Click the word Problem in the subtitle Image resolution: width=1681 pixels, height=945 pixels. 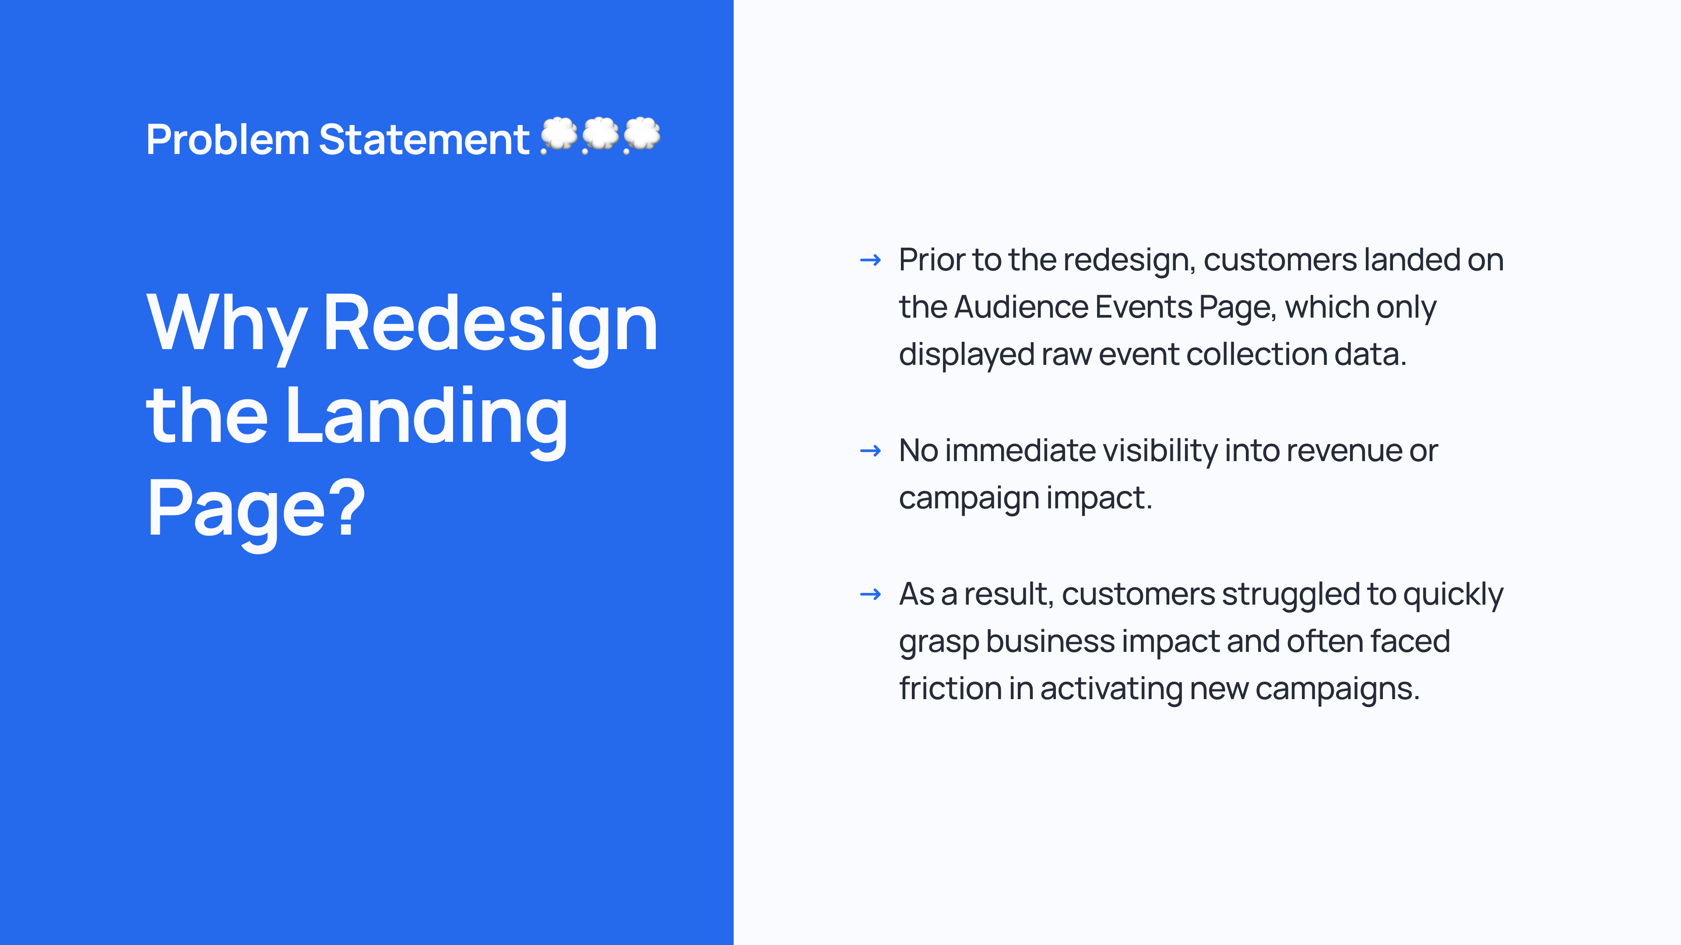pyautogui.click(x=228, y=140)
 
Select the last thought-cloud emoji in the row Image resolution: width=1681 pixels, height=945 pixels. pyautogui.click(x=642, y=136)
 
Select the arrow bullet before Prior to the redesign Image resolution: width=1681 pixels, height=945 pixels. pyautogui.click(x=871, y=261)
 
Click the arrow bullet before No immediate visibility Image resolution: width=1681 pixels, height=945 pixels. pyautogui.click(x=871, y=451)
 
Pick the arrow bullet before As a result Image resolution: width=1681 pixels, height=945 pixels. pyautogui.click(x=871, y=594)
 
